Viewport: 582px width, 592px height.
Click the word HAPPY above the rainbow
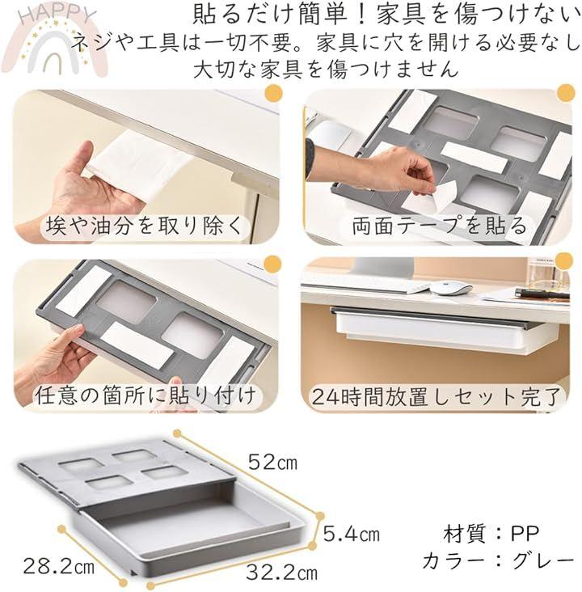57,15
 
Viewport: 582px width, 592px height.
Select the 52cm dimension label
272,461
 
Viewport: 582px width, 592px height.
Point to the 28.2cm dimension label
58,566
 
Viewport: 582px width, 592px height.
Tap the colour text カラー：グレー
498,560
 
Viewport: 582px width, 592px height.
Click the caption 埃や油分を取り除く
143,226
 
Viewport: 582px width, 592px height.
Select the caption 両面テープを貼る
439,226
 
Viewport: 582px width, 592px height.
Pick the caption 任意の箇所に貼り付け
145,395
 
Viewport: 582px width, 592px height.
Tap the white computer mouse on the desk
451,288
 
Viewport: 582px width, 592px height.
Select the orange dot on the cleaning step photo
274,93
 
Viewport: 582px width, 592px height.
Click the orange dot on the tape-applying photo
566,93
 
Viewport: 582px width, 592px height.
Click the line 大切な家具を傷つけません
326,69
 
